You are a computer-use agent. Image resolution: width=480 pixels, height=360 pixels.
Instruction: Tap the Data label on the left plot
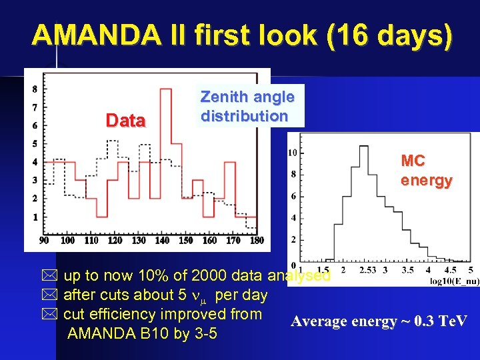coord(126,121)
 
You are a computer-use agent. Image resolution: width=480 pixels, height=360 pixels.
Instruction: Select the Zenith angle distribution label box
coord(247,106)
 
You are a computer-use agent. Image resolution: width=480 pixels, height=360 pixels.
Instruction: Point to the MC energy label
coord(426,171)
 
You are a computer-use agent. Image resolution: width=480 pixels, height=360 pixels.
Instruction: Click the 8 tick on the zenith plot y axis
coord(34,89)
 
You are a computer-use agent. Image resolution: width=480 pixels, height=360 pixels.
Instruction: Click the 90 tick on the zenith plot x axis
coord(44,240)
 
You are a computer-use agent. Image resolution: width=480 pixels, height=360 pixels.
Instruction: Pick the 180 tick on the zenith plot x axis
coord(257,240)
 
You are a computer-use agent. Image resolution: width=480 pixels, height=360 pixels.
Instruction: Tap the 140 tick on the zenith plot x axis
coord(162,240)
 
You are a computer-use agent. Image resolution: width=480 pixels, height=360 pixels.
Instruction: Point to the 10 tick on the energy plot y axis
coord(292,153)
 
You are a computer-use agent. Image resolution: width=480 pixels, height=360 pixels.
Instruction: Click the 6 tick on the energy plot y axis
coord(293,196)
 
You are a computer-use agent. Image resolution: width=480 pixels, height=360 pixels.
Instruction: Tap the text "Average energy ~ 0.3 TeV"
coord(379,322)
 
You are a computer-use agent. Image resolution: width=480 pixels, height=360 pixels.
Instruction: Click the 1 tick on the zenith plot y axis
coord(34,217)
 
